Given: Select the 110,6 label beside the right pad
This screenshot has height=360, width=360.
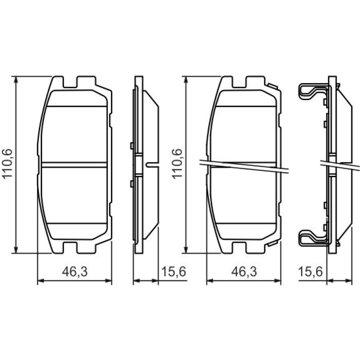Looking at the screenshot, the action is point(177,164).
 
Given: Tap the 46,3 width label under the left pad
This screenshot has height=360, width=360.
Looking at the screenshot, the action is point(75,272).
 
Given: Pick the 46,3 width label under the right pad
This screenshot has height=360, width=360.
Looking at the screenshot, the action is point(244,272).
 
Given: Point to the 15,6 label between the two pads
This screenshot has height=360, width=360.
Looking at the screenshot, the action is point(173,272).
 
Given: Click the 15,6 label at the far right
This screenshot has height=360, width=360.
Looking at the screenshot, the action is point(310,272).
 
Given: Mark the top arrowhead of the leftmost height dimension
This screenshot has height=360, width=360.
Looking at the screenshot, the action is point(16,79).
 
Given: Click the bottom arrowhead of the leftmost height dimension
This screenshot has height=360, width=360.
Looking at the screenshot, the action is point(16,250).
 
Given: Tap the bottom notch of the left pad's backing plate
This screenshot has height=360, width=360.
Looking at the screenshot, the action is point(70,248).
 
